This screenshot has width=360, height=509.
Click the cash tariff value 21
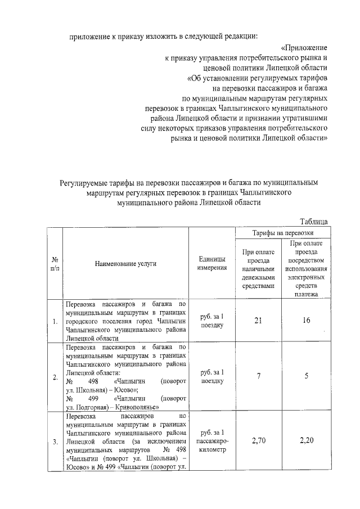click(x=258, y=321)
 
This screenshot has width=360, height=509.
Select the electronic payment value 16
click(x=306, y=321)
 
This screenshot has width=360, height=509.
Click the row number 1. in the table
click(x=55, y=322)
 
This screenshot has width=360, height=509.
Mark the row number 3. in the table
click(x=55, y=442)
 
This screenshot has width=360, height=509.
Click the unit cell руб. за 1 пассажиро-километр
click(x=212, y=441)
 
